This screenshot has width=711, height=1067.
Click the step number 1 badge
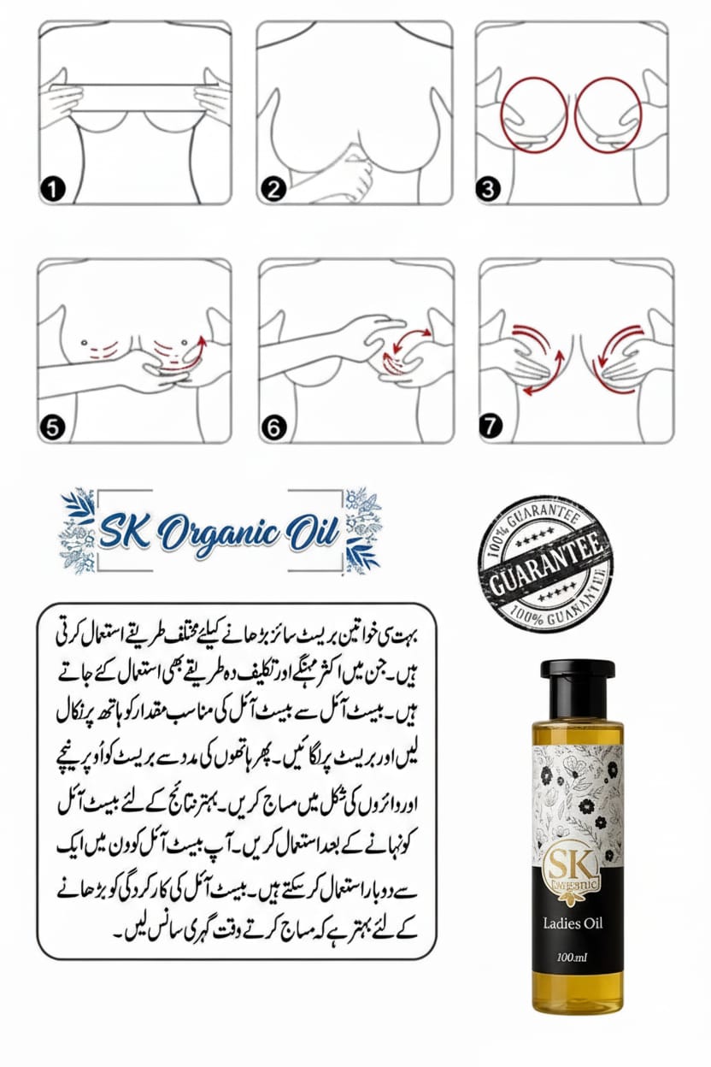[53, 190]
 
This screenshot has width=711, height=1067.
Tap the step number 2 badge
[273, 190]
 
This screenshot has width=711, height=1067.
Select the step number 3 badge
[489, 190]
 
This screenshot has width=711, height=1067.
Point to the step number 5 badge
[53, 427]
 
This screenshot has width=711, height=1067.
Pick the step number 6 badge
[273, 427]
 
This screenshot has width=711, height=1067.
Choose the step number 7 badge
[491, 427]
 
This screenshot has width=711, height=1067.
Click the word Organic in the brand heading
[223, 534]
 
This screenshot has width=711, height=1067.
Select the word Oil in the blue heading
[312, 533]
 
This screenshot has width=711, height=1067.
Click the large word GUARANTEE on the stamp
[544, 569]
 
